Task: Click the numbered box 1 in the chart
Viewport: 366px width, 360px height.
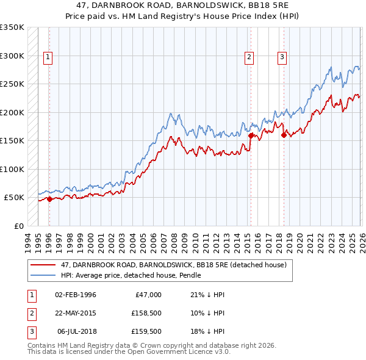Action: tap(48, 58)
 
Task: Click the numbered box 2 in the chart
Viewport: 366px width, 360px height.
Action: tap(249, 58)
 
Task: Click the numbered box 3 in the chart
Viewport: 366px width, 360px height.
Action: tap(282, 58)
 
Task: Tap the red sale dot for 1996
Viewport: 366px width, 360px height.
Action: tap(49, 199)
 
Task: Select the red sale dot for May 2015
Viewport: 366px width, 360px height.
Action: tap(250, 136)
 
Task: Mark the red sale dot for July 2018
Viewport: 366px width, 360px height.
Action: tap(283, 135)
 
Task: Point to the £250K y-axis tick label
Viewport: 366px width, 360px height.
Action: tap(12, 84)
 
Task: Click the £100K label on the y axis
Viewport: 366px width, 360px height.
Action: tap(12, 169)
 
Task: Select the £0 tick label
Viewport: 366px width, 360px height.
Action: tap(18, 226)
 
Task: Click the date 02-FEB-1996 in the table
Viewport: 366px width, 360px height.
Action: tap(76, 295)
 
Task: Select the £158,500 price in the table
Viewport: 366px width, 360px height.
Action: tap(146, 313)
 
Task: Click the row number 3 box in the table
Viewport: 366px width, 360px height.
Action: tap(30, 331)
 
